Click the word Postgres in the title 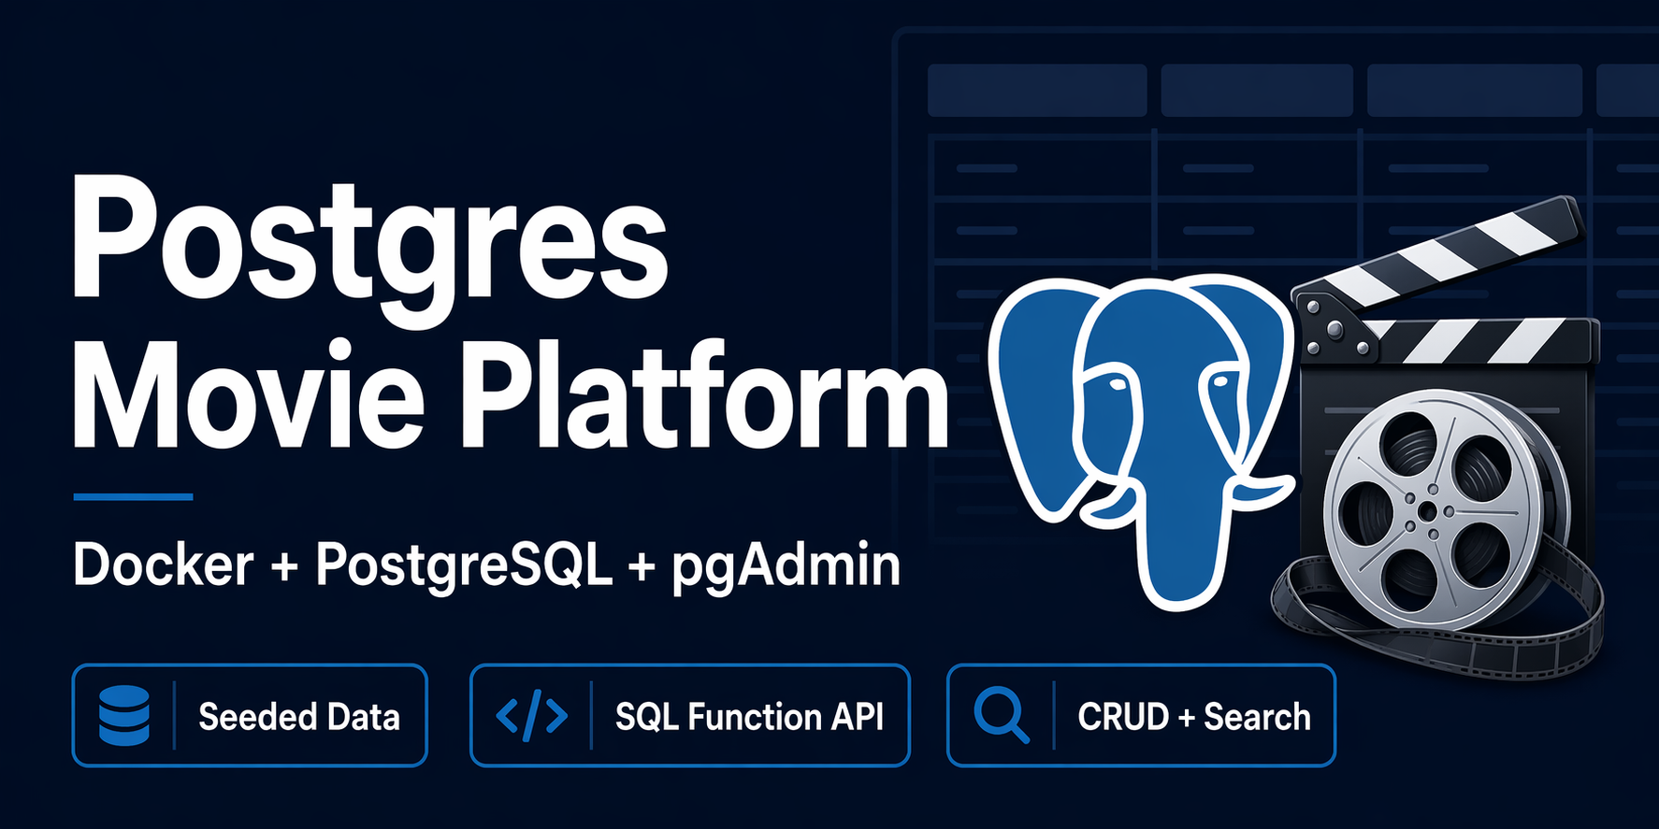tap(369, 245)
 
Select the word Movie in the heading tap(249, 397)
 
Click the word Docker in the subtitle tap(164, 565)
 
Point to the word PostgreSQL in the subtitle tap(463, 565)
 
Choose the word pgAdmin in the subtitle tap(786, 566)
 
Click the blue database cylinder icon tap(124, 716)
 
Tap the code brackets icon tap(531, 716)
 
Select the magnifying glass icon tap(1001, 716)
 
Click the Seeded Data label tap(299, 717)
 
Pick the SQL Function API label tap(749, 717)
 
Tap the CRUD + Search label tap(1194, 717)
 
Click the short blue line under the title tap(133, 497)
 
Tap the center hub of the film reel tap(1426, 511)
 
